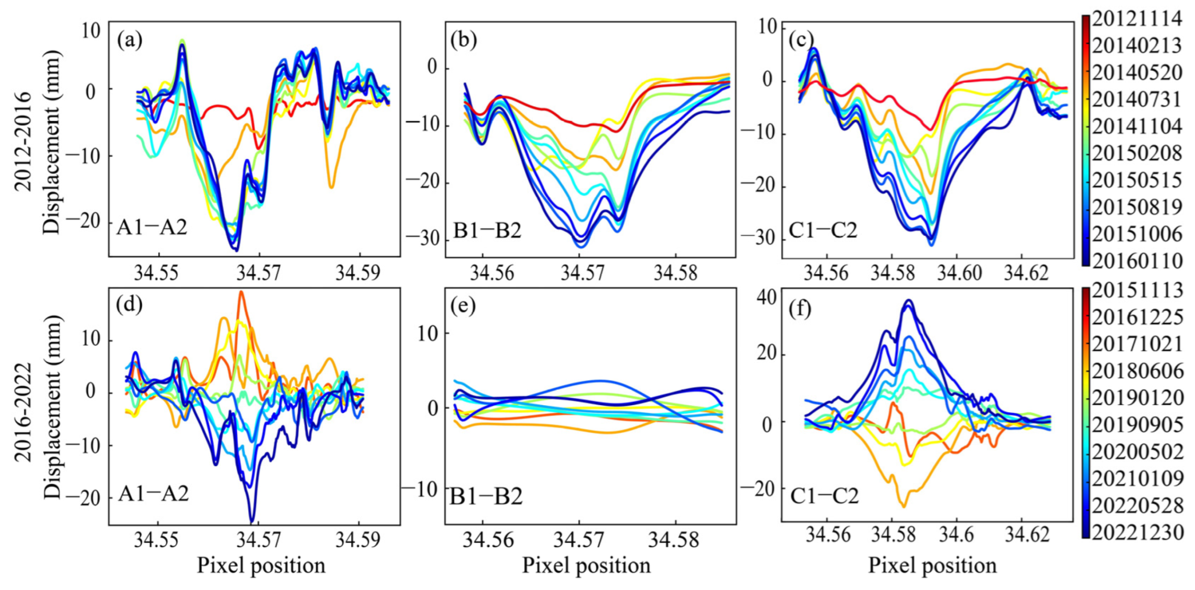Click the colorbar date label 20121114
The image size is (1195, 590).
(1136, 19)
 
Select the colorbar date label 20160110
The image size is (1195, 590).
(1136, 261)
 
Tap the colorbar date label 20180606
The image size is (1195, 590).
(1136, 371)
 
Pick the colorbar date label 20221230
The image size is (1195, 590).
(1136, 532)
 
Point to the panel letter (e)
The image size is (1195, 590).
(463, 307)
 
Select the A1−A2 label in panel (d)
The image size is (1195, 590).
(153, 494)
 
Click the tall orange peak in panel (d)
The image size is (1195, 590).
(241, 292)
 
